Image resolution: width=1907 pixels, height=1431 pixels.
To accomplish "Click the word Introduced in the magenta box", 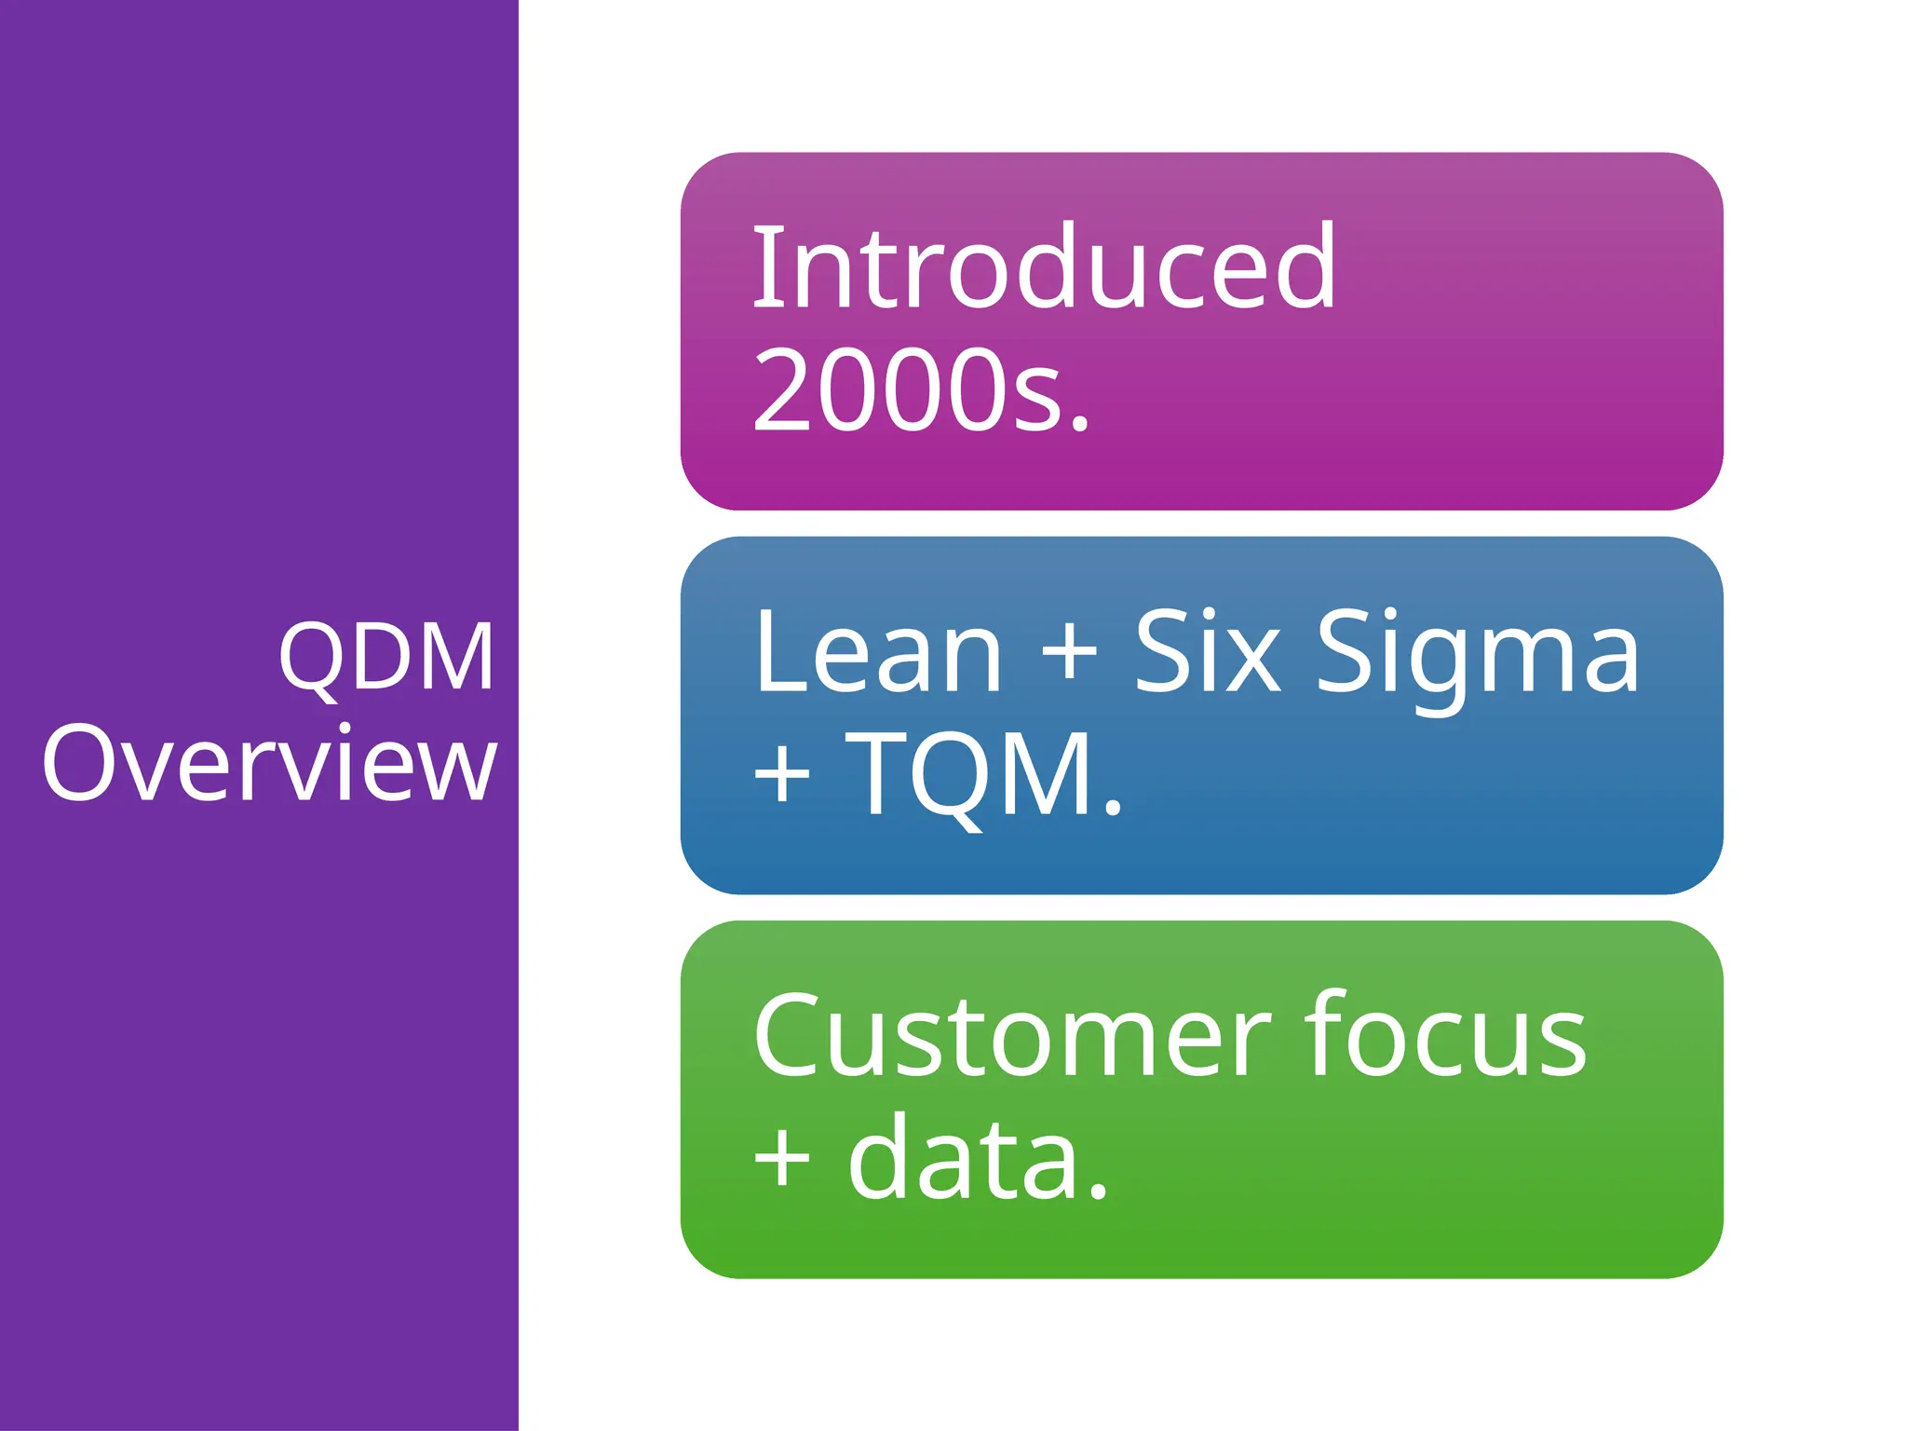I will click(1043, 268).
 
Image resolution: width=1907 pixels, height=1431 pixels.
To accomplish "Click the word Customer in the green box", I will click(1011, 1036).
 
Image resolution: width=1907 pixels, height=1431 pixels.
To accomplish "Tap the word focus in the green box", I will click(1444, 1036).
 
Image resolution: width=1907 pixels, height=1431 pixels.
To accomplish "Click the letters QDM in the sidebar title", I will click(385, 658).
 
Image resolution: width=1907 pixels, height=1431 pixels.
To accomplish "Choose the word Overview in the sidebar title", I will click(270, 764).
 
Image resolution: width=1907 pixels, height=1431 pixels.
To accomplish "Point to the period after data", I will click(1098, 1192).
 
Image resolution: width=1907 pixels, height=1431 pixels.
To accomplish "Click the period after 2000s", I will click(1079, 424).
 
